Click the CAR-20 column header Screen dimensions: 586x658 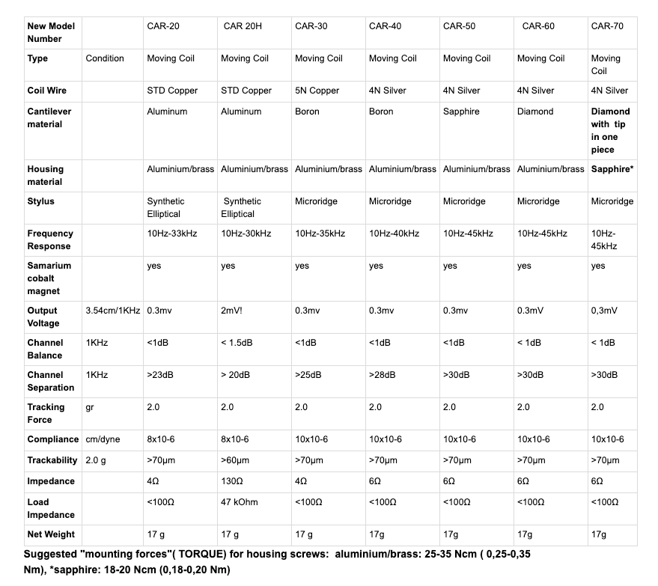[162, 26]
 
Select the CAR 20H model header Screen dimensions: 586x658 [242, 26]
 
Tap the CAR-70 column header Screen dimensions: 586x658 [607, 26]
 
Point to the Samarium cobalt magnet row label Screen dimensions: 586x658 [49, 278]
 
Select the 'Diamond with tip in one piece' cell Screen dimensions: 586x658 [610, 130]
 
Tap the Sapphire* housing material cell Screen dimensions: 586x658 [612, 169]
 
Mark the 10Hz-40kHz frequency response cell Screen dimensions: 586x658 [394, 234]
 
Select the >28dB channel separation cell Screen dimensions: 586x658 [382, 375]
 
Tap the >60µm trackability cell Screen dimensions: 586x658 [235, 460]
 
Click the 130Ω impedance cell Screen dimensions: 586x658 [231, 481]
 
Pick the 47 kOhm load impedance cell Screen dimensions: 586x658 [240, 502]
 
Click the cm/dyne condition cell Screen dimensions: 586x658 [103, 439]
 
